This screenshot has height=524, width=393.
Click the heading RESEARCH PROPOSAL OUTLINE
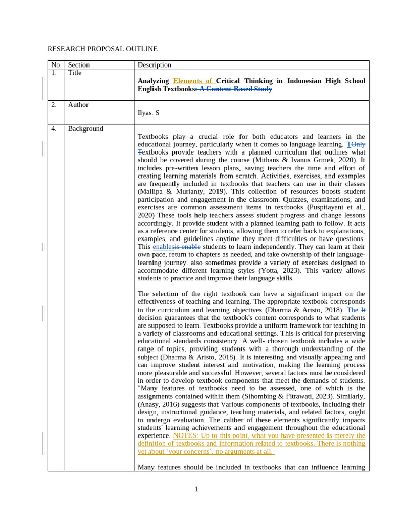(102, 49)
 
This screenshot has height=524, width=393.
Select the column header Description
(155, 65)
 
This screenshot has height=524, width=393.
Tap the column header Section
(78, 65)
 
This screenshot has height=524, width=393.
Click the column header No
(55, 65)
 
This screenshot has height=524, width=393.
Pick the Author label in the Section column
(78, 105)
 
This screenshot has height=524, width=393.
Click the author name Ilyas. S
(148, 113)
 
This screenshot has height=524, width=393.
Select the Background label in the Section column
(85, 129)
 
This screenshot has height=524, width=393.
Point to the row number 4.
(54, 129)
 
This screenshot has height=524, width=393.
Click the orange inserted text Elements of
(194, 81)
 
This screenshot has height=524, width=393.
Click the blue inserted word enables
(163, 247)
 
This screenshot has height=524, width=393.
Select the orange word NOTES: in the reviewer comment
(186, 435)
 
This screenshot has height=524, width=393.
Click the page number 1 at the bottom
(196, 489)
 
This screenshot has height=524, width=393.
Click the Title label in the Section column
(75, 73)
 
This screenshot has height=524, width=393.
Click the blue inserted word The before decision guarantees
(353, 310)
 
